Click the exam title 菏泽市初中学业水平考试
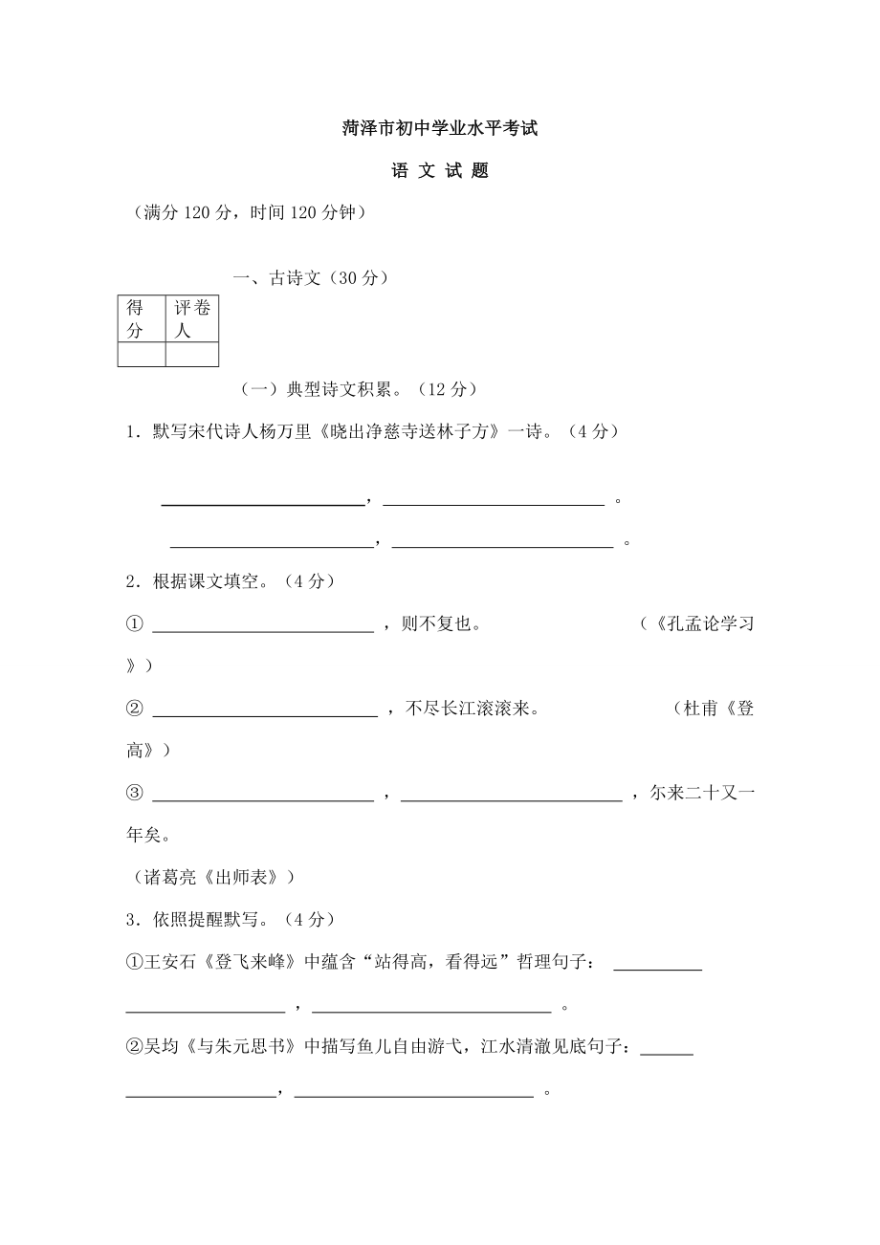[x=440, y=128]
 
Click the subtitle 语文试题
[x=440, y=171]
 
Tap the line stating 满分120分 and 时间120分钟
[x=249, y=214]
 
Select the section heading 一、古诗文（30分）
[x=312, y=278]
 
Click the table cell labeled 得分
[x=141, y=319]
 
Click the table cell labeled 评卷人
[x=191, y=319]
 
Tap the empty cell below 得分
[x=141, y=355]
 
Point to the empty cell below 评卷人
[x=191, y=355]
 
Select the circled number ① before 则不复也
[x=134, y=624]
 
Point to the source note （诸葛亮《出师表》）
[x=209, y=877]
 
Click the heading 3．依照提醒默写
[x=230, y=919]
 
